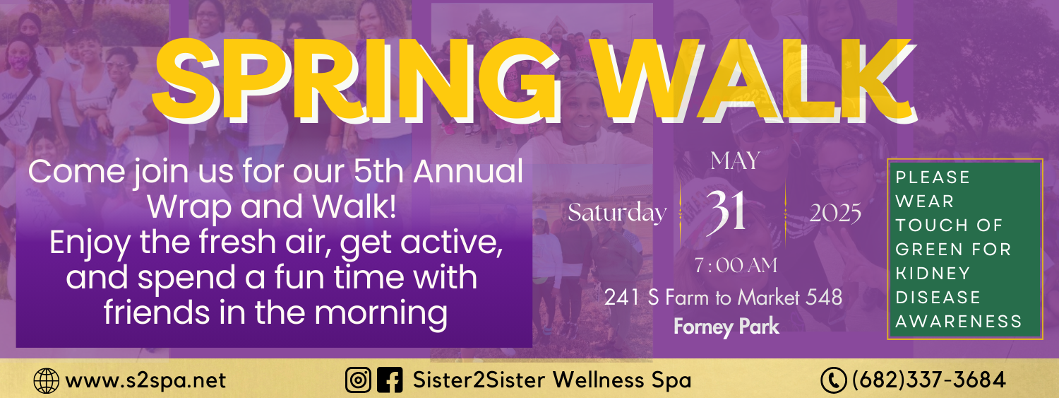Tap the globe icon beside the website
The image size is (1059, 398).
pos(47,381)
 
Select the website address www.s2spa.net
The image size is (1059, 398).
pos(145,381)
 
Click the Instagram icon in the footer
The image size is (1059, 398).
pos(358,380)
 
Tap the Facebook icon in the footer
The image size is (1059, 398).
pos(390,380)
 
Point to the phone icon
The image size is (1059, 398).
pos(834,381)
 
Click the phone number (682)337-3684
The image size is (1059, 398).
pos(929,380)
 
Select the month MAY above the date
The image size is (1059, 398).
pos(735,161)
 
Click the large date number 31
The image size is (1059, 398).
pos(726,213)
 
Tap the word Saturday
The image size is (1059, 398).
pos(617,213)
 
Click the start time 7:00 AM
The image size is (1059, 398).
pos(736,266)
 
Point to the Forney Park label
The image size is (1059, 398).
pos(726,327)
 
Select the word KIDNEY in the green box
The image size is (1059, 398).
pos(933,274)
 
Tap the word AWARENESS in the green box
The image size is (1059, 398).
pos(959,322)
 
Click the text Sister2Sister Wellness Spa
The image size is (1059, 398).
pos(551,380)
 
